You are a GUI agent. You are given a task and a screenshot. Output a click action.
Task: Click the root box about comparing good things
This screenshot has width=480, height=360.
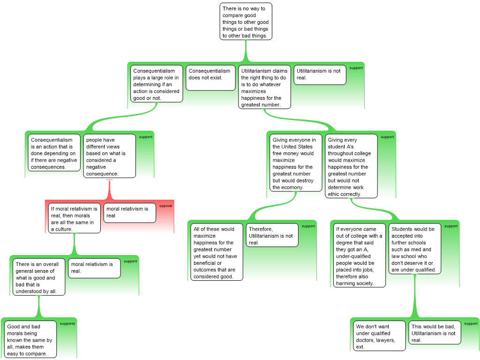point(246,22)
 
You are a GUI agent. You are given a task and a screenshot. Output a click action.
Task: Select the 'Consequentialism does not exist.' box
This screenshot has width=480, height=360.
point(210,78)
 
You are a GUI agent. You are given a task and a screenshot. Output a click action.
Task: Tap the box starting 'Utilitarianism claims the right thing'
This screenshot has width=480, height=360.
point(264,87)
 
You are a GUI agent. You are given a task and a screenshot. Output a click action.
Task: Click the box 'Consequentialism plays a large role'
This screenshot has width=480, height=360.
point(157,83)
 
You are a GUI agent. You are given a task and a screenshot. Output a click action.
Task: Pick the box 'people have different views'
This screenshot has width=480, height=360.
point(110,156)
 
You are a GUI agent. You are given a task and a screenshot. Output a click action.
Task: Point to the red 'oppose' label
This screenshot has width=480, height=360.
point(165,206)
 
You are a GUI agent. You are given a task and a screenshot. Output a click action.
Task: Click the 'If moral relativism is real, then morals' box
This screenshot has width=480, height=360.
point(75,218)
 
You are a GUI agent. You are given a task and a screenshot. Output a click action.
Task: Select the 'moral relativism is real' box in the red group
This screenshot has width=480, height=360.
point(130,213)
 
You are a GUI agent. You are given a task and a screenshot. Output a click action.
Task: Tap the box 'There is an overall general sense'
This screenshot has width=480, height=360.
point(39,277)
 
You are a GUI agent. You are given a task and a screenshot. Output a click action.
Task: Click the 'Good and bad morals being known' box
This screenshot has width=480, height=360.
point(30,339)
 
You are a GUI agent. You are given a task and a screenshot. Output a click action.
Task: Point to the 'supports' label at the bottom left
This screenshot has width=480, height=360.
point(67,323)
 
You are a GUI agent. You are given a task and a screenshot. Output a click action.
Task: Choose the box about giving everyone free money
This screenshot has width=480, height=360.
point(296,163)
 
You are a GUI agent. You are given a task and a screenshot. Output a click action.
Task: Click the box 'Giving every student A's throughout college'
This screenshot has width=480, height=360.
point(351,166)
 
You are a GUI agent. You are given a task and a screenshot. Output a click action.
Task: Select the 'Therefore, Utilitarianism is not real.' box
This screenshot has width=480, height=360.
point(272,235)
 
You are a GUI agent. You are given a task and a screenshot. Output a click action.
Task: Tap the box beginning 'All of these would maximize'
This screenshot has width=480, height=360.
point(217,252)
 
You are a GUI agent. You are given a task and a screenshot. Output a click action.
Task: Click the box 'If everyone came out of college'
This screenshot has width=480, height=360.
point(360,255)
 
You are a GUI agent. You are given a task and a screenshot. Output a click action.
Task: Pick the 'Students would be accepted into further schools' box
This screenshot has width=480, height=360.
point(415,248)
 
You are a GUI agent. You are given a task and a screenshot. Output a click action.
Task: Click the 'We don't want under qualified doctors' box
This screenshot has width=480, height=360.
point(379,336)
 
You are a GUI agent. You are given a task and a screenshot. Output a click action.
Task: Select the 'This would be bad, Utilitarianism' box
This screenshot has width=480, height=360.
point(435,332)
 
